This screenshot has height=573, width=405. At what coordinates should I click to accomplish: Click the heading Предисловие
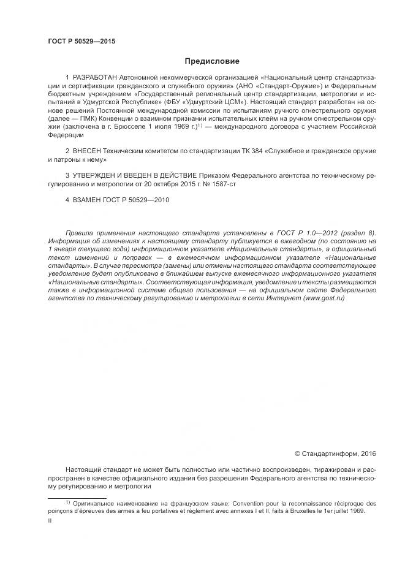pos(212,61)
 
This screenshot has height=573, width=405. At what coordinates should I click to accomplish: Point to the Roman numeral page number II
pos(50,520)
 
